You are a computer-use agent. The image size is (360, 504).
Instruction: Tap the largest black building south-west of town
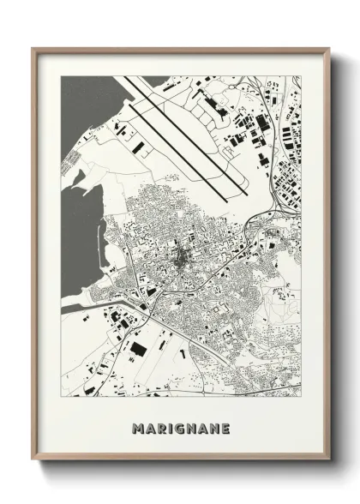(137, 349)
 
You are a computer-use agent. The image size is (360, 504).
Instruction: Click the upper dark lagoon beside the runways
(86, 111)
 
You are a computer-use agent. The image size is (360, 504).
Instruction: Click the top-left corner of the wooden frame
(33, 49)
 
